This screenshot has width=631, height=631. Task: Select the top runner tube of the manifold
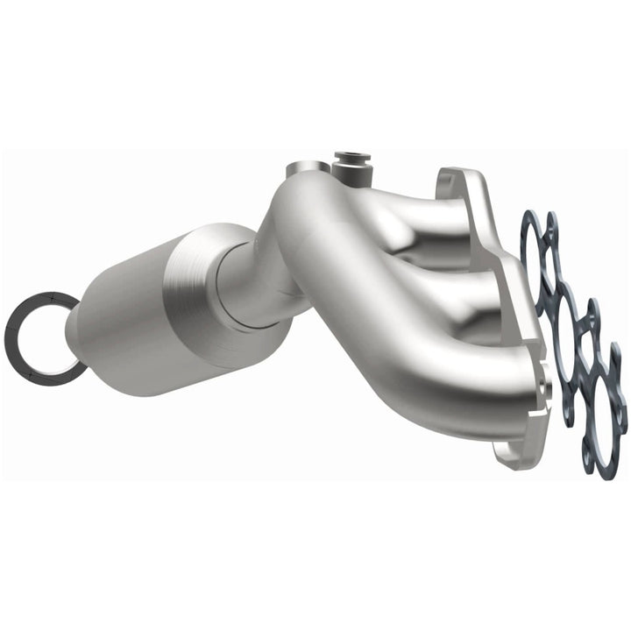[394, 206]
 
